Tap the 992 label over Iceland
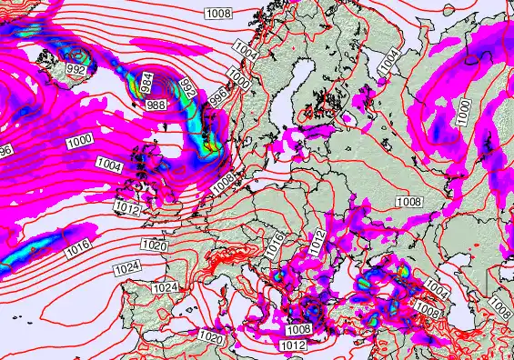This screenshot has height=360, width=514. [76, 70]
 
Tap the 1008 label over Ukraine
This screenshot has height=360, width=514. [408, 201]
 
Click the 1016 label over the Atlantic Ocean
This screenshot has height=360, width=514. [76, 246]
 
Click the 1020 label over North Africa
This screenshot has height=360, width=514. [211, 337]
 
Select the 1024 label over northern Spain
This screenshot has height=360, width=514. [165, 287]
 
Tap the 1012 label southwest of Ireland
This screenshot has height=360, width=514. [127, 209]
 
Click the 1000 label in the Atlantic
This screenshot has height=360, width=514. [79, 141]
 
